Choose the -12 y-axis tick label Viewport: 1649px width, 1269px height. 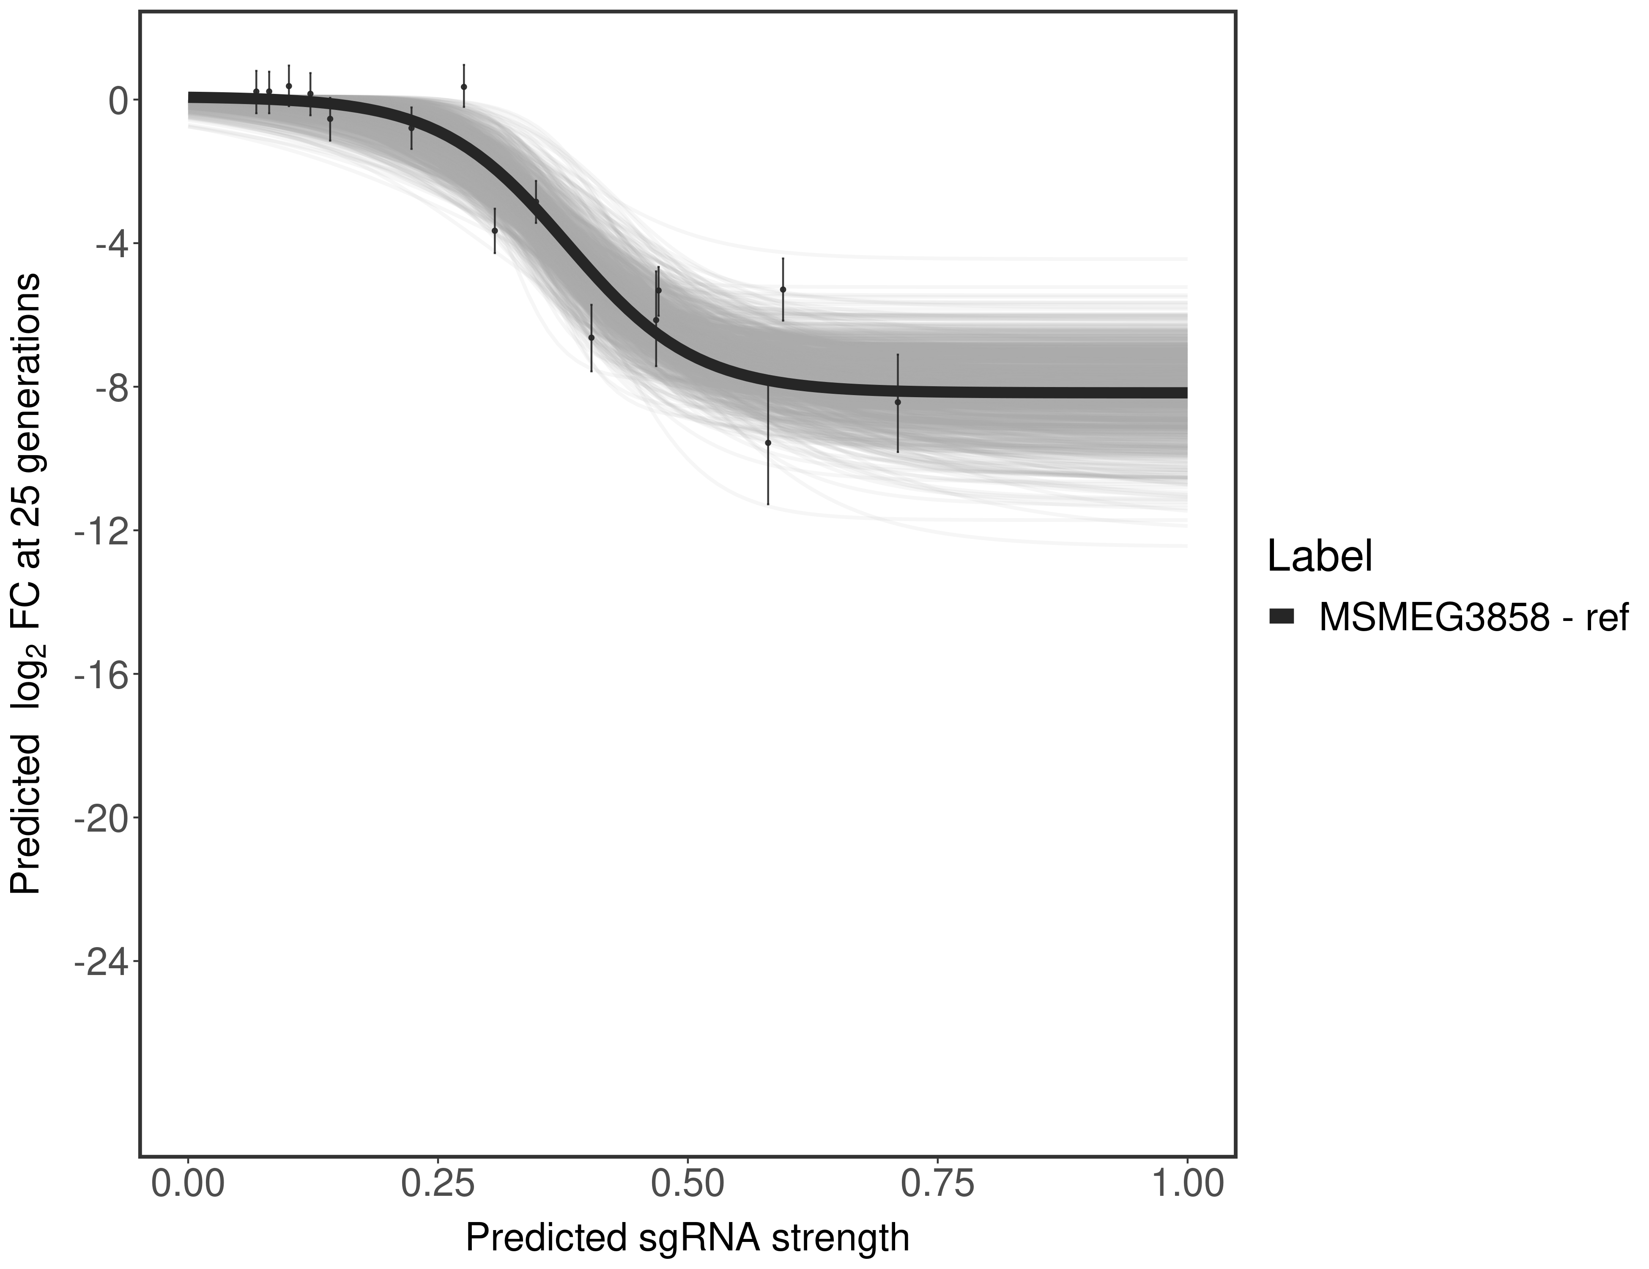(93, 530)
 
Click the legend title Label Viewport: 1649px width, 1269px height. (1319, 558)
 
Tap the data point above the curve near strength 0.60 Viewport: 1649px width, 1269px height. (783, 289)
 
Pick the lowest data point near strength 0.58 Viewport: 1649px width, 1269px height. (768, 442)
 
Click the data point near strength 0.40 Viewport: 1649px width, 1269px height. (591, 338)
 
